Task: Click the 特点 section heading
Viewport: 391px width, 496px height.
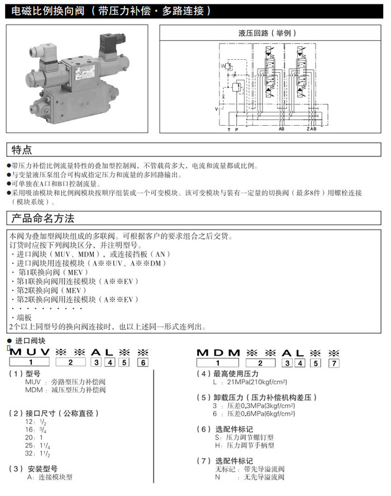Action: click(22, 150)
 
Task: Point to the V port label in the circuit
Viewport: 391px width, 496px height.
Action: click(217, 109)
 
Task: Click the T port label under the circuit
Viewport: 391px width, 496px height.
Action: click(228, 129)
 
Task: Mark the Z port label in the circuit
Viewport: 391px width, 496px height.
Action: click(307, 129)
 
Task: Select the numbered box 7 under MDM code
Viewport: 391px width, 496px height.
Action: click(333, 363)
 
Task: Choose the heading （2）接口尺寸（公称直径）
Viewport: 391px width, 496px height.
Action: click(54, 413)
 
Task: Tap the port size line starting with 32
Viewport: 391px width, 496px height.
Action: click(39, 454)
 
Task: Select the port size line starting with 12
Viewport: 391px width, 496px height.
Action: click(39, 422)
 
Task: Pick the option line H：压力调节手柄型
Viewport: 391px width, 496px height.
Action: click(245, 445)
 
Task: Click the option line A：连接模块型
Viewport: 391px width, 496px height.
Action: click(50, 477)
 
